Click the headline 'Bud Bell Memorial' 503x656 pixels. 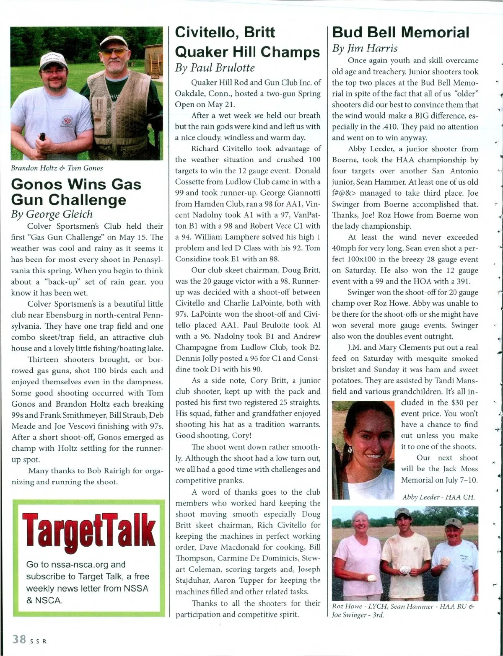[x=400, y=32]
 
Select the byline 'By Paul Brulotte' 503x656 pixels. [x=215, y=67]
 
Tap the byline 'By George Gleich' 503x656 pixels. [x=52, y=214]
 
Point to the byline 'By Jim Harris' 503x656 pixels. [x=365, y=48]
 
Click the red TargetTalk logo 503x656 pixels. [x=88, y=530]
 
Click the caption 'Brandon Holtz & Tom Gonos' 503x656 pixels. [x=57, y=168]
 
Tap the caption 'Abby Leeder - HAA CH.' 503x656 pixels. [x=438, y=497]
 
